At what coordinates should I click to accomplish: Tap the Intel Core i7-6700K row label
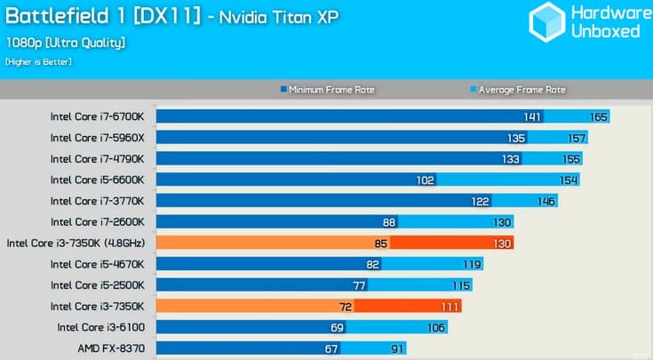[103, 116]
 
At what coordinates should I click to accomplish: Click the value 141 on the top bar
[531, 116]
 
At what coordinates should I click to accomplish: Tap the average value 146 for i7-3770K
[545, 201]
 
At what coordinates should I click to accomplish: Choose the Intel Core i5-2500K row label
[103, 285]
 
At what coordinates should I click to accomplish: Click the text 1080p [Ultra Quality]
[65, 42]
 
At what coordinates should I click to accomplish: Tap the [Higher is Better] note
[38, 61]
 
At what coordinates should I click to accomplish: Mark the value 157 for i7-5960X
[577, 138]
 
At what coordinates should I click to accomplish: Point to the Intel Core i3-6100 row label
[107, 327]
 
